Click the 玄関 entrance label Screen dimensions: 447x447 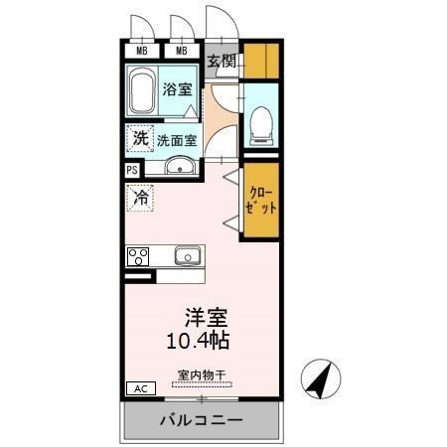[x=223, y=62]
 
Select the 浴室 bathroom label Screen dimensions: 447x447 [x=177, y=89]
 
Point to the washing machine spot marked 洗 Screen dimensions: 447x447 [x=141, y=138]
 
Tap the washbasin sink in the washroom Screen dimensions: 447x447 [x=180, y=166]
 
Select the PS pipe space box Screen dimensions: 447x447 [x=132, y=170]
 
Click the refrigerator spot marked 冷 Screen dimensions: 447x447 [x=141, y=198]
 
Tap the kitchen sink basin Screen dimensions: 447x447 [x=188, y=255]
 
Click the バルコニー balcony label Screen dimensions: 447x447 [x=202, y=421]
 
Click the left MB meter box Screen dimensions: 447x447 [x=142, y=50]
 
